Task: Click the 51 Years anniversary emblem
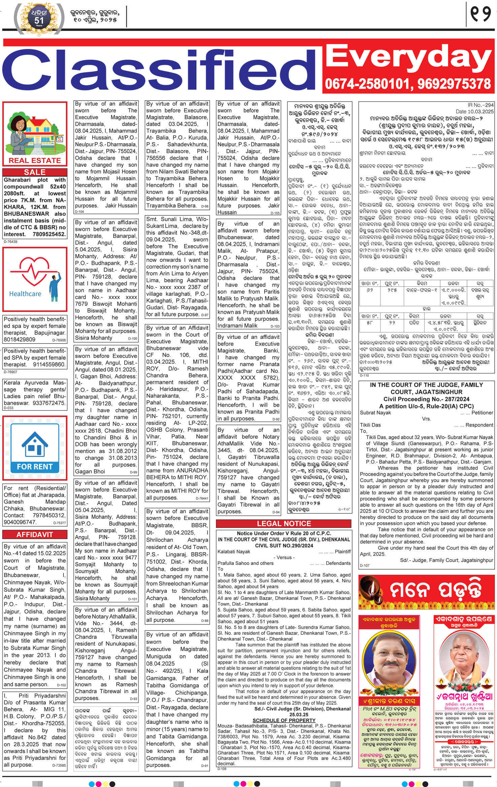[39, 19]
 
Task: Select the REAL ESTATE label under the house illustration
[35, 160]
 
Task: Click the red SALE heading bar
[35, 172]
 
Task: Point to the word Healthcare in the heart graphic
[25, 294]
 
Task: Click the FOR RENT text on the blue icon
[35, 467]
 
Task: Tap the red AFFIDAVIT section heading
[35, 534]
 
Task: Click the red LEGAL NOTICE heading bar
[284, 523]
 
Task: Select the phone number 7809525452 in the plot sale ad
[49, 234]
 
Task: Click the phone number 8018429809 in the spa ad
[20, 339]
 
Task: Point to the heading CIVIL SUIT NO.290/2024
[284, 545]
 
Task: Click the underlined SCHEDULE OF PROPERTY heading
[284, 720]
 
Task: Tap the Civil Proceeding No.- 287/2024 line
[426, 399]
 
